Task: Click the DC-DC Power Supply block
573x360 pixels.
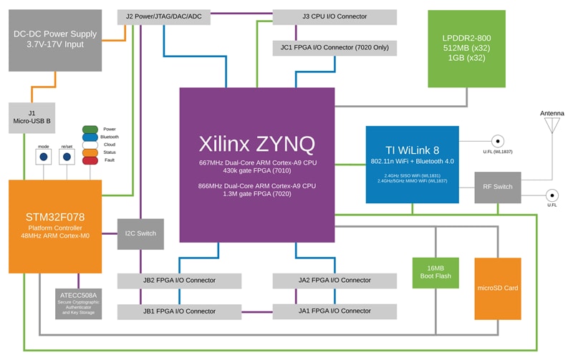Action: point(55,40)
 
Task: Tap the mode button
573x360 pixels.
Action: point(43,156)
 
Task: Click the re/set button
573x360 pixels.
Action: point(67,156)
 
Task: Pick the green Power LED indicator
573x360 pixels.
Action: point(90,129)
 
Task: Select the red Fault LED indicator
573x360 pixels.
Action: point(90,160)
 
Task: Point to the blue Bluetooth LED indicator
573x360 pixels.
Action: point(90,137)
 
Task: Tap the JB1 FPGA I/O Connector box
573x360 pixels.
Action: point(179,311)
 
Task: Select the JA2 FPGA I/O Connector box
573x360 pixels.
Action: point(334,280)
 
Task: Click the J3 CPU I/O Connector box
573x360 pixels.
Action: point(334,16)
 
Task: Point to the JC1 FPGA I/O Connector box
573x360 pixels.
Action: point(334,48)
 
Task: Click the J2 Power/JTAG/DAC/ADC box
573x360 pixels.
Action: point(163,16)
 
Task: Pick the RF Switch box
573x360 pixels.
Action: point(497,188)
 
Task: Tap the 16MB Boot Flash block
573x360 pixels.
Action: point(435,272)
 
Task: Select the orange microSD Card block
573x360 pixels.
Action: point(497,288)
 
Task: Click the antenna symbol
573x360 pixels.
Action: point(552,125)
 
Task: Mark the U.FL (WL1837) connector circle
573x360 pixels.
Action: point(496,142)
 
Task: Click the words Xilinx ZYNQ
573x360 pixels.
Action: point(256,144)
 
